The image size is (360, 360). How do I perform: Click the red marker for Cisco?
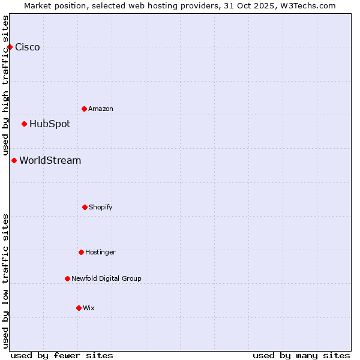(10, 47)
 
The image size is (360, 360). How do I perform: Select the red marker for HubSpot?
(24, 124)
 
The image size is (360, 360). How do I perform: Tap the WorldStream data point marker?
(14, 160)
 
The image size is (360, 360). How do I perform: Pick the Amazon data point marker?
(84, 109)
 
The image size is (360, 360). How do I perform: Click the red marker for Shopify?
(85, 207)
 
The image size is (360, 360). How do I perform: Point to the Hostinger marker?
(81, 252)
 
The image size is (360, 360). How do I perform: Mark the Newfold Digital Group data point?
(67, 278)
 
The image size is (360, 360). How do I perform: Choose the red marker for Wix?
(79, 308)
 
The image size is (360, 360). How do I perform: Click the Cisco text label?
(28, 47)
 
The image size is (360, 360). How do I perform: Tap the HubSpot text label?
(50, 124)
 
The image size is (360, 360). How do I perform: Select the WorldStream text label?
(50, 161)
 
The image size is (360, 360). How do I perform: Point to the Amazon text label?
(101, 109)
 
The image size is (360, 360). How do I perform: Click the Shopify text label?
(101, 208)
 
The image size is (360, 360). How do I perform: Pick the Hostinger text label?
(100, 253)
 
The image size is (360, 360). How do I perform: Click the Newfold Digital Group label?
(106, 279)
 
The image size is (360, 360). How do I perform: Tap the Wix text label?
(89, 308)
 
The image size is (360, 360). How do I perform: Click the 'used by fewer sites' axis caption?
(62, 355)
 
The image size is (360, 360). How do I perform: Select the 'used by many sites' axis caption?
(301, 355)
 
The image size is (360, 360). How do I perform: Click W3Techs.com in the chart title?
(306, 5)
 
